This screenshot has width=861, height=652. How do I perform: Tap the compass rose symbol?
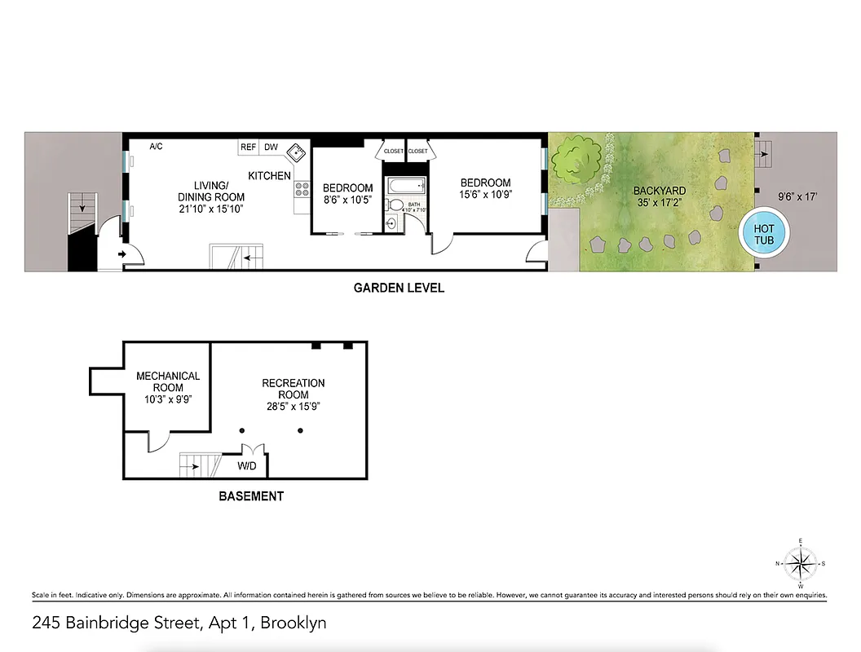801,563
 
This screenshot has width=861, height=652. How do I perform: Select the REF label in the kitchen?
248,148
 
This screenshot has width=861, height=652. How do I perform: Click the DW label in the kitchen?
271,148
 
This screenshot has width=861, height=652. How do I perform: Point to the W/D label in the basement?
248,467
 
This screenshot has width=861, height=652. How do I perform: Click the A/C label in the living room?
157,147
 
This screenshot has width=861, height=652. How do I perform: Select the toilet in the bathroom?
392,222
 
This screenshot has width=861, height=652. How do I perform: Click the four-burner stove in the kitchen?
301,190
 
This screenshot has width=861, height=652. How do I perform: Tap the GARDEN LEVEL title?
399,288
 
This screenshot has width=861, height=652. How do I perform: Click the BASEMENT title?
251,496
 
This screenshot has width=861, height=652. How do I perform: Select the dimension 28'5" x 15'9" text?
293,407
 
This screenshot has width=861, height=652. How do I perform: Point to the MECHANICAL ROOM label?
168,381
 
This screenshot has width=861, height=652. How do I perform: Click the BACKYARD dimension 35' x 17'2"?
660,203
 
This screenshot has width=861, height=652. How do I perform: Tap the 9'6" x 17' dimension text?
797,196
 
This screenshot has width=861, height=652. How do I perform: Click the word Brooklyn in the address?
290,623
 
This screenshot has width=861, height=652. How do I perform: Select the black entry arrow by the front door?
122,255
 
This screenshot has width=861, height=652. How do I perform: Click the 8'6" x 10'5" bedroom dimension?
348,200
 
